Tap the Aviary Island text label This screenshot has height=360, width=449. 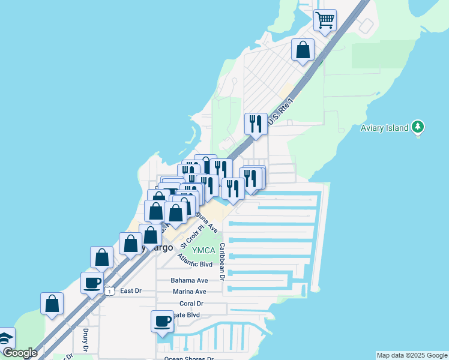pyautogui.click(x=384, y=128)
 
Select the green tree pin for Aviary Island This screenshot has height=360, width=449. pyautogui.click(x=418, y=127)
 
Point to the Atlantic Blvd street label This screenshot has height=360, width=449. pyautogui.click(x=195, y=260)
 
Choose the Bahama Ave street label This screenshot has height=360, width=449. pyautogui.click(x=189, y=280)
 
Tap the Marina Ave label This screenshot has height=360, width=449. pyautogui.click(x=189, y=292)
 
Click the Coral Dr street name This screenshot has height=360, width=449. pyautogui.click(x=191, y=304)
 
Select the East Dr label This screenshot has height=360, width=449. pyautogui.click(x=130, y=291)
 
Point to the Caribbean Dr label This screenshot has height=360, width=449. pyautogui.click(x=222, y=262)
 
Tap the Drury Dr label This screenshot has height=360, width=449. pyautogui.click(x=85, y=339)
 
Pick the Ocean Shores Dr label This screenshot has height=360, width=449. pyautogui.click(x=189, y=359)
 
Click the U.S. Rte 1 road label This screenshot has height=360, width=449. pyautogui.click(x=280, y=112)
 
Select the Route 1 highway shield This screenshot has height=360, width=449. pyautogui.click(x=109, y=291)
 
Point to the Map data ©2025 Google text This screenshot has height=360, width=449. pyautogui.click(x=412, y=355)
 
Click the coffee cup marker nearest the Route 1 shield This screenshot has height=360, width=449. pyautogui.click(x=92, y=283)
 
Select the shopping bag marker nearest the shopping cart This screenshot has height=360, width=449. pyautogui.click(x=303, y=50)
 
